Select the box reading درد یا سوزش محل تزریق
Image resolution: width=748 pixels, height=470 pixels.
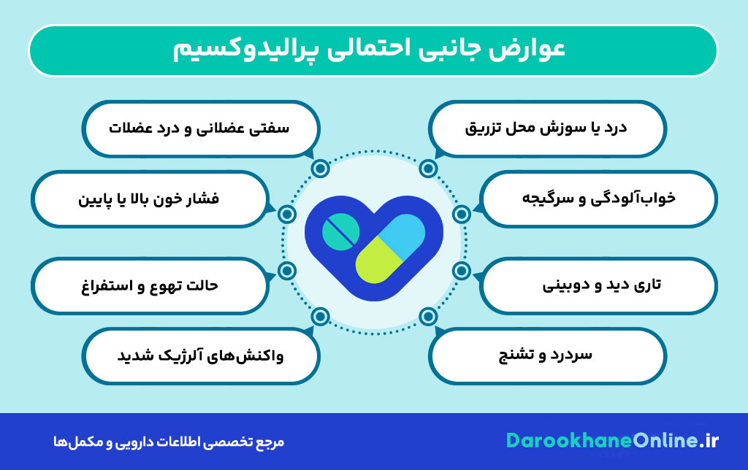(x=547, y=128)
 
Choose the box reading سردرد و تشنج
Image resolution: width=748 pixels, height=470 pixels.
(x=547, y=355)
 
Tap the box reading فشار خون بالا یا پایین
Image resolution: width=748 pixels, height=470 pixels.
(x=149, y=198)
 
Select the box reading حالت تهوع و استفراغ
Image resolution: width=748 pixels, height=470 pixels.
(x=149, y=284)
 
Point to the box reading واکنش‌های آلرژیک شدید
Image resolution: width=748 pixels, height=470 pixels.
(x=201, y=355)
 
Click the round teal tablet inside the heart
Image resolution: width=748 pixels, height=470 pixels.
(x=341, y=231)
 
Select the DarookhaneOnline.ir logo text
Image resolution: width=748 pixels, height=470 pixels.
(x=613, y=441)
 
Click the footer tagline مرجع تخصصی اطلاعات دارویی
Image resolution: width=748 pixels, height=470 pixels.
(x=172, y=442)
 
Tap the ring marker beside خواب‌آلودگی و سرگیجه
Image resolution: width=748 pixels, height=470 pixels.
(x=461, y=214)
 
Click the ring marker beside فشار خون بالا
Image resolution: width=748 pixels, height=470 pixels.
(x=287, y=214)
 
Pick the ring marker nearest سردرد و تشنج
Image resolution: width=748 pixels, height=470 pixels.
(x=429, y=317)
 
